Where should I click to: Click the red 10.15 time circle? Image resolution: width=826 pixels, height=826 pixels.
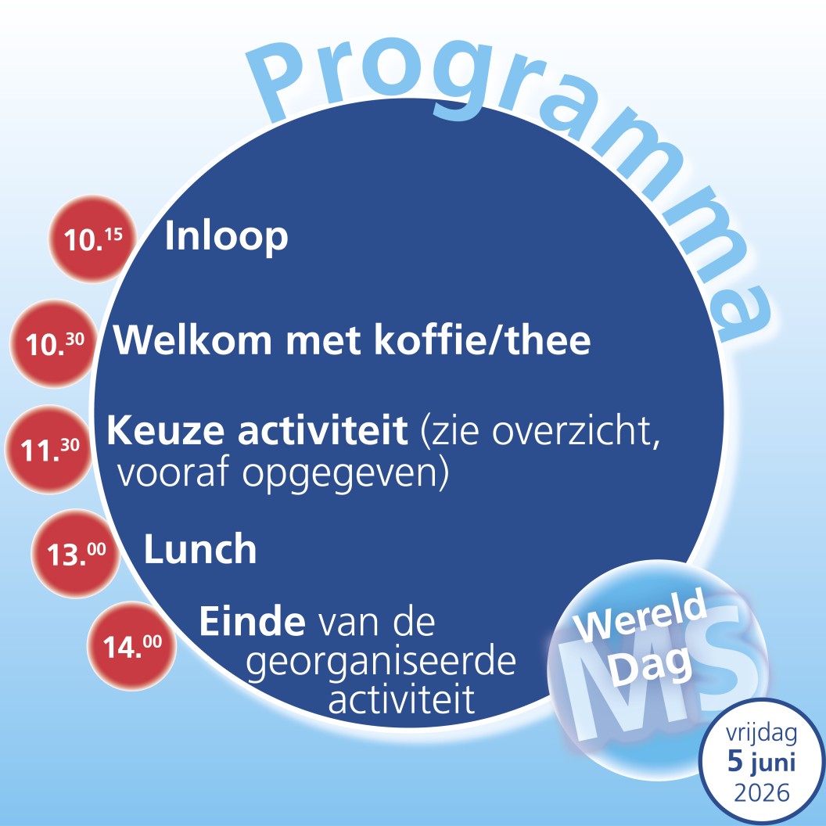pyautogui.click(x=93, y=239)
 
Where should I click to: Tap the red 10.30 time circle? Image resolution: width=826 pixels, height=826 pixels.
pyautogui.click(x=54, y=343)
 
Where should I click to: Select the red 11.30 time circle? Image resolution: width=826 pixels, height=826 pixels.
pyautogui.click(x=49, y=449)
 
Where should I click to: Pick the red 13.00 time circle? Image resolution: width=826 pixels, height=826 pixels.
pyautogui.click(x=76, y=553)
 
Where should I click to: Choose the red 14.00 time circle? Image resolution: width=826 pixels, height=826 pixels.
pyautogui.click(x=131, y=646)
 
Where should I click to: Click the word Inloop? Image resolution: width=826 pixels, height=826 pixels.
pyautogui.click(x=227, y=237)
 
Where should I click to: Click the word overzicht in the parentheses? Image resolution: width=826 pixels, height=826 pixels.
pyautogui.click(x=575, y=432)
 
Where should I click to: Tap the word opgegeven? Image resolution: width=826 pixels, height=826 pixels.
pyautogui.click(x=339, y=474)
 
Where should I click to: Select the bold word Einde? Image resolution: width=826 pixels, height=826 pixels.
pyautogui.click(x=253, y=622)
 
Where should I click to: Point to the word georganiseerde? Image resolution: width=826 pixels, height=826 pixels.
pyautogui.click(x=381, y=663)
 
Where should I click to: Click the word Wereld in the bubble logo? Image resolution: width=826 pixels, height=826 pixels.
pyautogui.click(x=640, y=613)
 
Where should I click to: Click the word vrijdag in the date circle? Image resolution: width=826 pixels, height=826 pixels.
pyautogui.click(x=761, y=734)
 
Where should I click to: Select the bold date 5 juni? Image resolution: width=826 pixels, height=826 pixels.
pyautogui.click(x=761, y=763)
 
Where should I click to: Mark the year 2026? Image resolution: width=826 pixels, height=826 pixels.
pyautogui.click(x=762, y=792)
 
